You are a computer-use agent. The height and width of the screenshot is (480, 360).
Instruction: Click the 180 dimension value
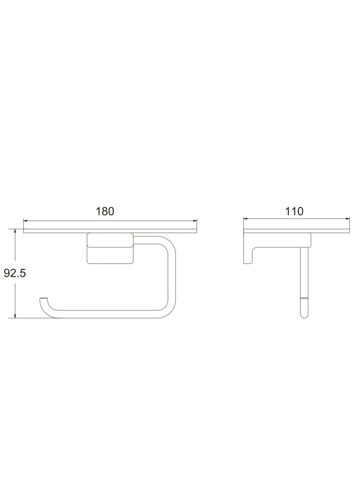click(105, 212)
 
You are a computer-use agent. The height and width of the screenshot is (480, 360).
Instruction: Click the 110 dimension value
click(294, 212)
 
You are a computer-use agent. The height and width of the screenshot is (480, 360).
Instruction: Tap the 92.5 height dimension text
click(15, 273)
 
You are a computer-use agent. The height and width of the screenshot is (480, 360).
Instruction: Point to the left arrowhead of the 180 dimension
click(25, 221)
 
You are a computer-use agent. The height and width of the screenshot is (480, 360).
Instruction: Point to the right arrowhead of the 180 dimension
click(195, 221)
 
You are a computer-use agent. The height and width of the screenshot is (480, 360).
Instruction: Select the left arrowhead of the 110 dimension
click(246, 218)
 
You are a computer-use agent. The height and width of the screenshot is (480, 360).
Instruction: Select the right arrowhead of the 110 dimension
click(348, 218)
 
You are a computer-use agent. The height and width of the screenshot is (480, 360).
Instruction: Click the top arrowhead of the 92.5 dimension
click(15, 231)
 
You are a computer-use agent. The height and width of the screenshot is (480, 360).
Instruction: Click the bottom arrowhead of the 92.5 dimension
click(15, 316)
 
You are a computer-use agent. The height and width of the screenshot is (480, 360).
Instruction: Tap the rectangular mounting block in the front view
click(110, 248)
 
